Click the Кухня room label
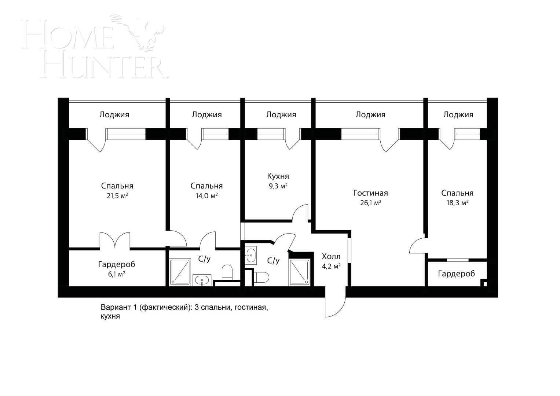pyautogui.click(x=278, y=176)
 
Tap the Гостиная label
pyautogui.click(x=370, y=193)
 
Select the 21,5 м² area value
pyautogui.click(x=117, y=196)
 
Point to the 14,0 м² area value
pyautogui.click(x=206, y=196)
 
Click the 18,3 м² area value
pyautogui.click(x=458, y=203)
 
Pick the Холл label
pyautogui.click(x=331, y=257)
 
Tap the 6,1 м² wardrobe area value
pyautogui.click(x=117, y=274)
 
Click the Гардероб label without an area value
pyautogui.click(x=456, y=274)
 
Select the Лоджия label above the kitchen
pyautogui.click(x=281, y=115)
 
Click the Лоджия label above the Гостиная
pyautogui.click(x=370, y=115)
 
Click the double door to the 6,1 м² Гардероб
pyautogui.click(x=115, y=240)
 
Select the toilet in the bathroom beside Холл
pyautogui.click(x=261, y=277)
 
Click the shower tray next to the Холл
pyautogui.click(x=300, y=272)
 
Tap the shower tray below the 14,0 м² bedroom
pyautogui.click(x=180, y=272)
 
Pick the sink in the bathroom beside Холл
pyautogui.click(x=250, y=255)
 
